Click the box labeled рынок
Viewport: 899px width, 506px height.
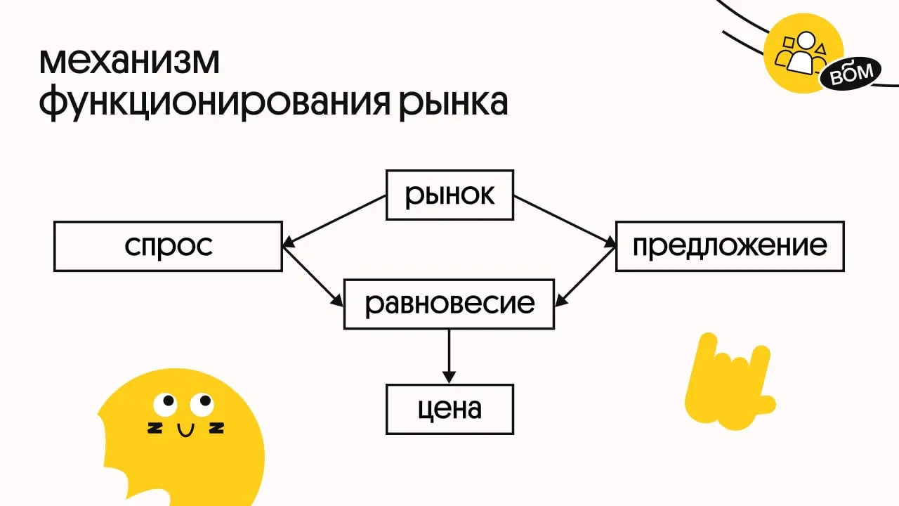pyautogui.click(x=449, y=195)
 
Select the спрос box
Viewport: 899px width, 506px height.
pyautogui.click(x=169, y=246)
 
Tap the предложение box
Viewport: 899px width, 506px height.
pyautogui.click(x=730, y=246)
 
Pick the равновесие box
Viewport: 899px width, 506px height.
pyautogui.click(x=449, y=304)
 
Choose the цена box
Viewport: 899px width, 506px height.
pyautogui.click(x=449, y=408)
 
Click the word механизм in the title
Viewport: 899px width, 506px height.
pyautogui.click(x=129, y=63)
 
